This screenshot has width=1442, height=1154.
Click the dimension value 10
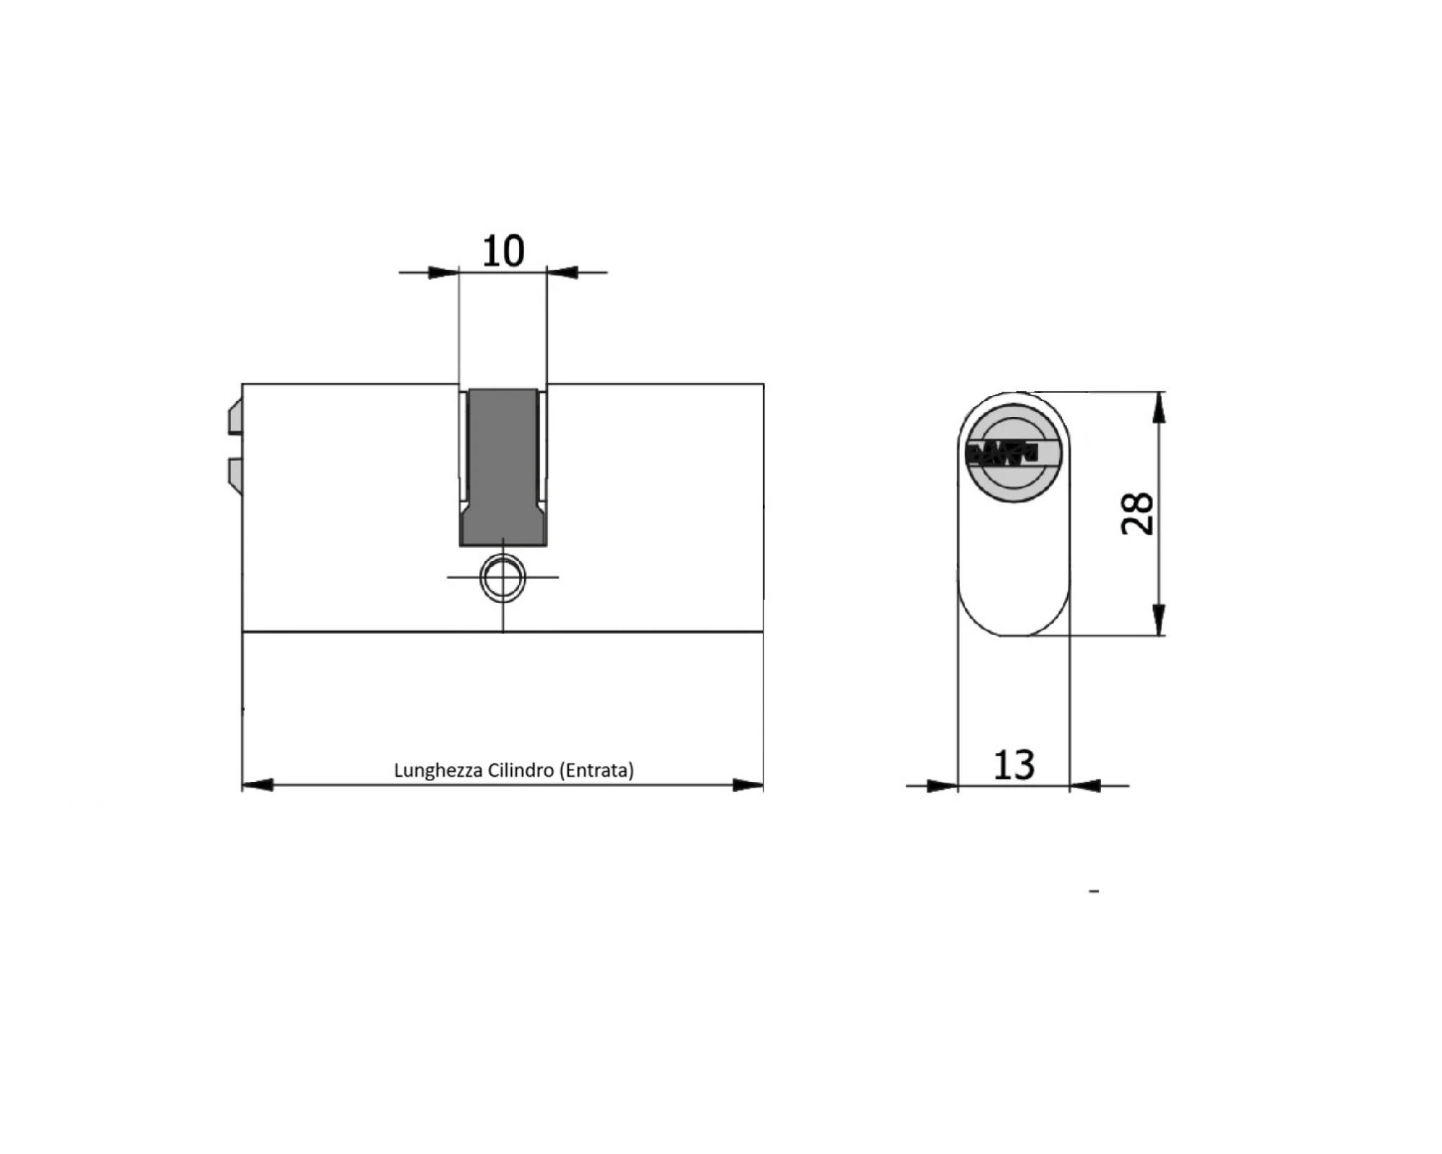[503, 251]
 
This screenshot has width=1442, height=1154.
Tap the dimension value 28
[1138, 514]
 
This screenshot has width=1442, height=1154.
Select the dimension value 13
[1014, 765]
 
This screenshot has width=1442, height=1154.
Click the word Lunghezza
[438, 771]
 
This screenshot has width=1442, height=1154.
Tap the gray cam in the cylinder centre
[503, 467]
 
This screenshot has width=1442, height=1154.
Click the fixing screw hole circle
[503, 578]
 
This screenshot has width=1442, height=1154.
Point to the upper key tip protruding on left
[235, 419]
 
